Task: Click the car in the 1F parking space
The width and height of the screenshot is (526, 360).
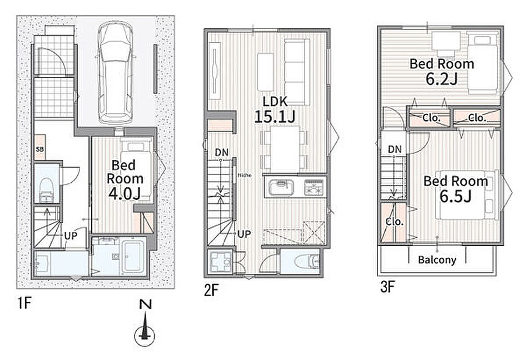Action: point(115,72)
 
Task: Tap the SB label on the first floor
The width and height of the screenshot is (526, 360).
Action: point(40,148)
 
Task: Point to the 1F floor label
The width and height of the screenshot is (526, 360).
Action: point(24,304)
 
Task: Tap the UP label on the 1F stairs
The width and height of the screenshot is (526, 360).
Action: point(71,236)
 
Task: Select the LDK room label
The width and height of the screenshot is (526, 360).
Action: point(275,102)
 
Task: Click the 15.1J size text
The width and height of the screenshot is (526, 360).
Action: point(275,117)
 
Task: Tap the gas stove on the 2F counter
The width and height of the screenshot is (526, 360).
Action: point(314,187)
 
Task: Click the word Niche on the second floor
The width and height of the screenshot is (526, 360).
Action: point(245,175)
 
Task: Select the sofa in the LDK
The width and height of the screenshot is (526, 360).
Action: point(297,72)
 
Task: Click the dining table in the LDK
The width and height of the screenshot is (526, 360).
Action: point(285,149)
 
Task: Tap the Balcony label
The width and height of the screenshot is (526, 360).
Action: point(437,260)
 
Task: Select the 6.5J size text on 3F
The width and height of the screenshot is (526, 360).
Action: point(455,197)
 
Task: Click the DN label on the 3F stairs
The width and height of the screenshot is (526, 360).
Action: point(395,149)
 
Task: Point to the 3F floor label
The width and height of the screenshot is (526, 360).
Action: point(388,288)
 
